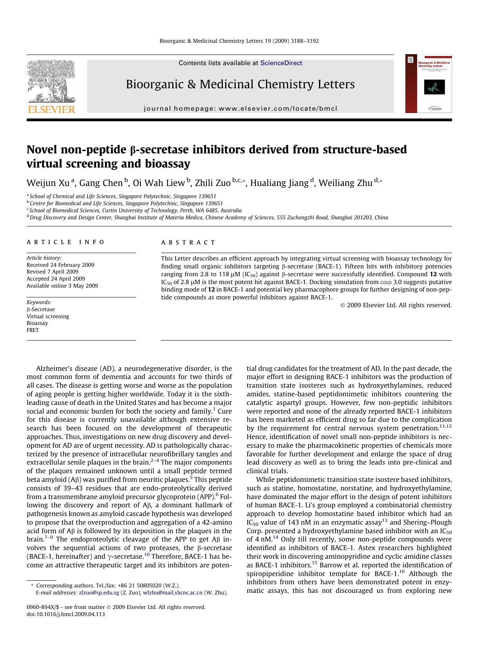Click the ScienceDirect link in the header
281,63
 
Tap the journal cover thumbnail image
429,84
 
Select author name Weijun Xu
48,183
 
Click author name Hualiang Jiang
279,183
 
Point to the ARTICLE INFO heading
66,242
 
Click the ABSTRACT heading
188,242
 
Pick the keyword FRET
33,330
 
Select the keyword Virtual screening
48,316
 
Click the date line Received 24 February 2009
60,265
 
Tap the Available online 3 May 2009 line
62,286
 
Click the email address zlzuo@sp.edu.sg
99,592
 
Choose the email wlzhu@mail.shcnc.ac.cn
173,592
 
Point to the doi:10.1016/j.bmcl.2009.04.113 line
66,614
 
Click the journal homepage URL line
240,109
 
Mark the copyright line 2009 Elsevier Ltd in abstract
396,305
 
